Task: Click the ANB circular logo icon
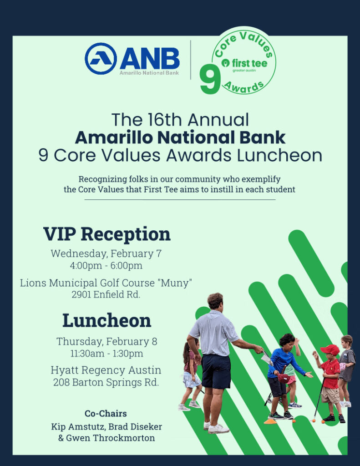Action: click(101, 59)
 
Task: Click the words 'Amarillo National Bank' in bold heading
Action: click(180, 137)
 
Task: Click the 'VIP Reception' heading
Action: click(107, 234)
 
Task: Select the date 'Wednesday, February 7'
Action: click(106, 253)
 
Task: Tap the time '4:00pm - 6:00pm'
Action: click(106, 265)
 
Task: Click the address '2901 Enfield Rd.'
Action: click(106, 294)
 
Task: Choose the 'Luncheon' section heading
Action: click(106, 320)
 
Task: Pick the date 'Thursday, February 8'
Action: click(106, 341)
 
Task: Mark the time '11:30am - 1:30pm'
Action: click(106, 353)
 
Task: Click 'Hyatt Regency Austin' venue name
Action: click(106, 370)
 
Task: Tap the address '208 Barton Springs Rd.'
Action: click(106, 382)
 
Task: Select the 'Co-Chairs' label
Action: click(106, 414)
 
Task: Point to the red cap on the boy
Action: click(330, 349)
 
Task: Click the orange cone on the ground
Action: click(270, 421)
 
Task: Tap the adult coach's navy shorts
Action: click(216, 371)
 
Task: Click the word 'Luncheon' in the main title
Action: click(279, 155)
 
